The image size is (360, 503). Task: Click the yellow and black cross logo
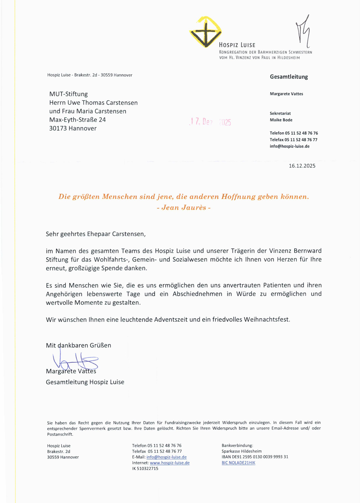pos(205,32)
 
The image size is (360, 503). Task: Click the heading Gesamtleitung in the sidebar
pos(289,77)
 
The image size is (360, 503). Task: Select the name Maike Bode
pos(281,120)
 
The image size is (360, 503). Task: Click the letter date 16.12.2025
pos(302,166)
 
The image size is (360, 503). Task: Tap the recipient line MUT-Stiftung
pos(68,94)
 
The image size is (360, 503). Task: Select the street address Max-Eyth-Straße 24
pos(77,120)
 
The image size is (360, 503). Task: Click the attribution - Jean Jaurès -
pos(184,208)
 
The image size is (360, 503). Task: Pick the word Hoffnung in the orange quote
pos(238,197)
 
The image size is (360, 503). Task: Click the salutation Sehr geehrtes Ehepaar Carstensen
pos(95,234)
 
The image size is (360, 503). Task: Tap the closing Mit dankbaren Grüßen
pos(78,345)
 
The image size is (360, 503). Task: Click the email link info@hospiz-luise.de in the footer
pos(166,457)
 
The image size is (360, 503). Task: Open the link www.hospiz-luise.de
pos(169,463)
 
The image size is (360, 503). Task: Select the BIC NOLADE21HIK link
pos(238,463)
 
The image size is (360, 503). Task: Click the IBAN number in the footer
pos(255,457)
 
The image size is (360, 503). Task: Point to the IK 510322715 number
pos(145,468)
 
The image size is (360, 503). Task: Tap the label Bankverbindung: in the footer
pos(237,446)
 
